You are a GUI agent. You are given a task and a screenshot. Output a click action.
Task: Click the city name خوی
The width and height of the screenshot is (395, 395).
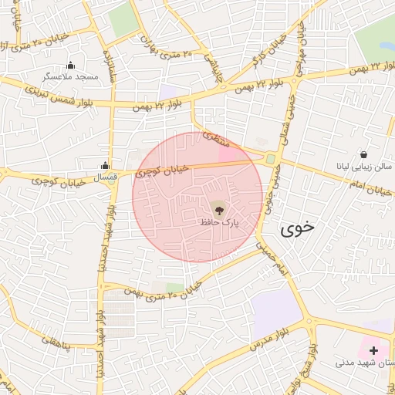pos(298,228)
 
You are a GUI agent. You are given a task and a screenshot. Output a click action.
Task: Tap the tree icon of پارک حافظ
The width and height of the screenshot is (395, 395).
pos(218,208)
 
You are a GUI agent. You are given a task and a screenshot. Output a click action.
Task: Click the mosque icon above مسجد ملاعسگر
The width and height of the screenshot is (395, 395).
pos(71,65)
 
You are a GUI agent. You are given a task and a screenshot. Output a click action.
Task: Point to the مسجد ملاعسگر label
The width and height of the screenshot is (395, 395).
pos(71,77)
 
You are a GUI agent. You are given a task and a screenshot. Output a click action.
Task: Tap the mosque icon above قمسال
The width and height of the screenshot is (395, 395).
pos(105,165)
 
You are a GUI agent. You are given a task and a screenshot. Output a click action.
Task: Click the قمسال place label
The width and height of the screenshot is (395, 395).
pos(105,177)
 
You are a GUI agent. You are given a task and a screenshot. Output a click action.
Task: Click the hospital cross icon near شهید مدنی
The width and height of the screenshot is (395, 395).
pos(374,350)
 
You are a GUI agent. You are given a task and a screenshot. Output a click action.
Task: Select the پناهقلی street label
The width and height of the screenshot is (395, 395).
pos(55,341)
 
